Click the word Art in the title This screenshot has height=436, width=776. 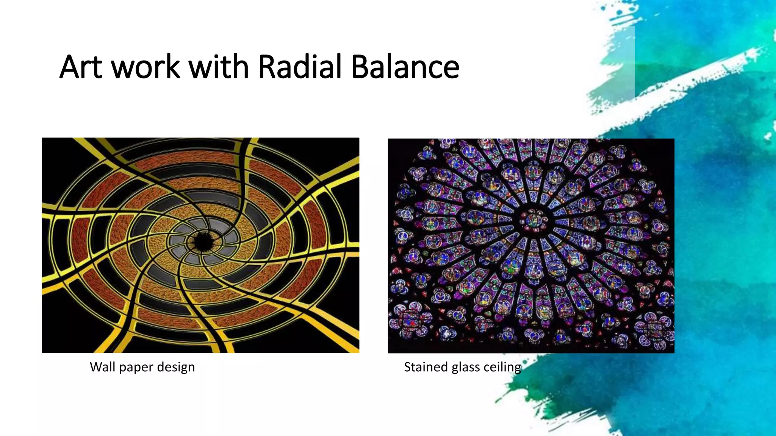[81, 67]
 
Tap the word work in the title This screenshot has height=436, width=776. [146, 67]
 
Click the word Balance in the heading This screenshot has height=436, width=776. [405, 67]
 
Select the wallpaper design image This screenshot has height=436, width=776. [200, 245]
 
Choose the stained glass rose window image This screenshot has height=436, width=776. [531, 246]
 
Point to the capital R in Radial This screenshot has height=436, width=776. [268, 67]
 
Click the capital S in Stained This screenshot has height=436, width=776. [408, 367]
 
